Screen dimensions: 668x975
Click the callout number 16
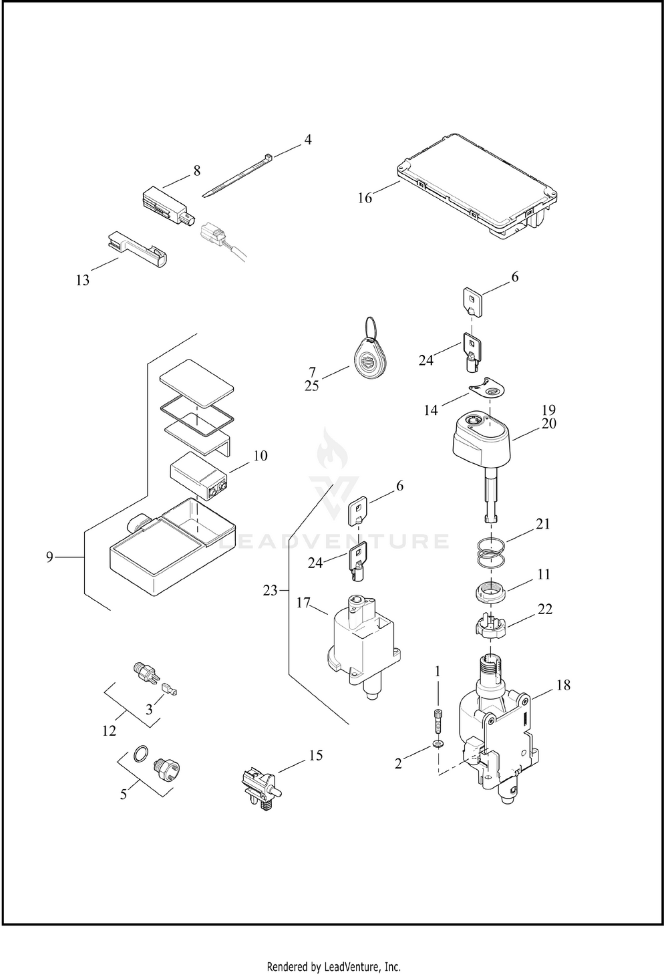(365, 198)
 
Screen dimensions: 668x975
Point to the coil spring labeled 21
(491, 553)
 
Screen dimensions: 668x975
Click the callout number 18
(563, 685)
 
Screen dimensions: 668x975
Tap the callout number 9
(49, 557)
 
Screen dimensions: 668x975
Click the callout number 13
(82, 280)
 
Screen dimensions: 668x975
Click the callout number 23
(270, 591)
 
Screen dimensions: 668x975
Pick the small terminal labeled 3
(168, 689)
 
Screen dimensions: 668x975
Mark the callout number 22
(545, 609)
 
